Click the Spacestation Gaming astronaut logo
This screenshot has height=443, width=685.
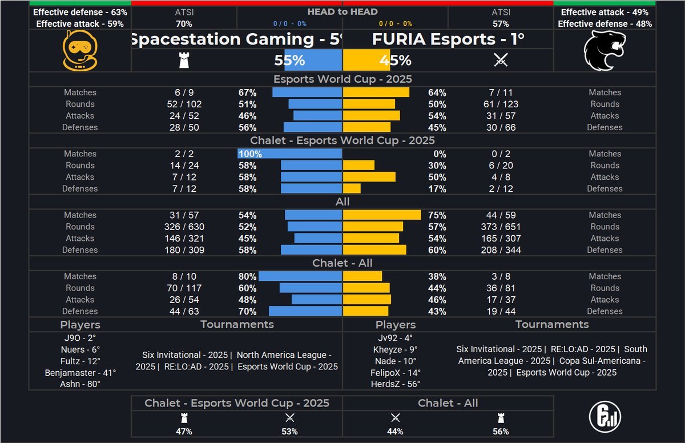coord(80,51)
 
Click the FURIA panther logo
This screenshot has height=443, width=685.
coord(605,51)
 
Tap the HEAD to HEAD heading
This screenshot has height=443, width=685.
coord(342,11)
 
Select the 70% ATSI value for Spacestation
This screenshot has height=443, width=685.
coord(184,24)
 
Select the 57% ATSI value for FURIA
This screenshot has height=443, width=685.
coord(501,24)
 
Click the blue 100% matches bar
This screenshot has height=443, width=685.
coord(290,154)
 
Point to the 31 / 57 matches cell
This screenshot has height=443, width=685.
coord(184,215)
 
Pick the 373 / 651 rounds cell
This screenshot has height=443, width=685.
coord(501,227)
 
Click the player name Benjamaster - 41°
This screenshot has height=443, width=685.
coord(80,372)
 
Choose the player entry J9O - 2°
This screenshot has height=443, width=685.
coord(80,337)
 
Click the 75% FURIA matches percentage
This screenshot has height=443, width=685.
coord(437,215)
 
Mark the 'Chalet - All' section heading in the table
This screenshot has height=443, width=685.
coord(342,263)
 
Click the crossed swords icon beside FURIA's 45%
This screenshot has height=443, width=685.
coord(501,61)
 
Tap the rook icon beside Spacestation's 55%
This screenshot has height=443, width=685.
coord(184,61)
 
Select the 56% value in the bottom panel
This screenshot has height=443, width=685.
coord(501,432)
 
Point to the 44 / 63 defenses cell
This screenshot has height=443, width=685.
coord(184,311)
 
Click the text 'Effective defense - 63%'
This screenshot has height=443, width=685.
coord(80,12)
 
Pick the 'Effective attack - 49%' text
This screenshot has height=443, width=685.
coord(605,12)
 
